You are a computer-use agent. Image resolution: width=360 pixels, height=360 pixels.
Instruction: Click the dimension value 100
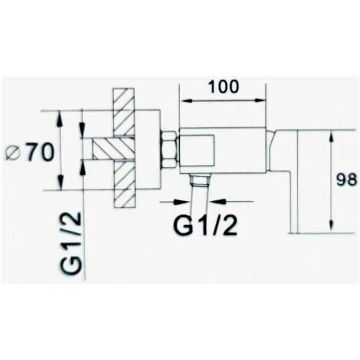pos(223,86)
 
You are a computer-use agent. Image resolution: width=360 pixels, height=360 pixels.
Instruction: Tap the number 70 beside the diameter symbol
pos(39,153)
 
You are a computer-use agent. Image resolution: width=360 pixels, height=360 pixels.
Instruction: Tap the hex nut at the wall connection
pos(168,148)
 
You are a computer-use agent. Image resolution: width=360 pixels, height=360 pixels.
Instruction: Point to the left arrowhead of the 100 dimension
pos(183,101)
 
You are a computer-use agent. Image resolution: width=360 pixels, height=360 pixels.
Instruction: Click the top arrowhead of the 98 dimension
pos(332,134)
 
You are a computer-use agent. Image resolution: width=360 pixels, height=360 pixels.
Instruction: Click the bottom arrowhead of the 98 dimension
pos(332,229)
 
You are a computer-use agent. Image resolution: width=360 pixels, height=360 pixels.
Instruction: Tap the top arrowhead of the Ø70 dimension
pos(60,115)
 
